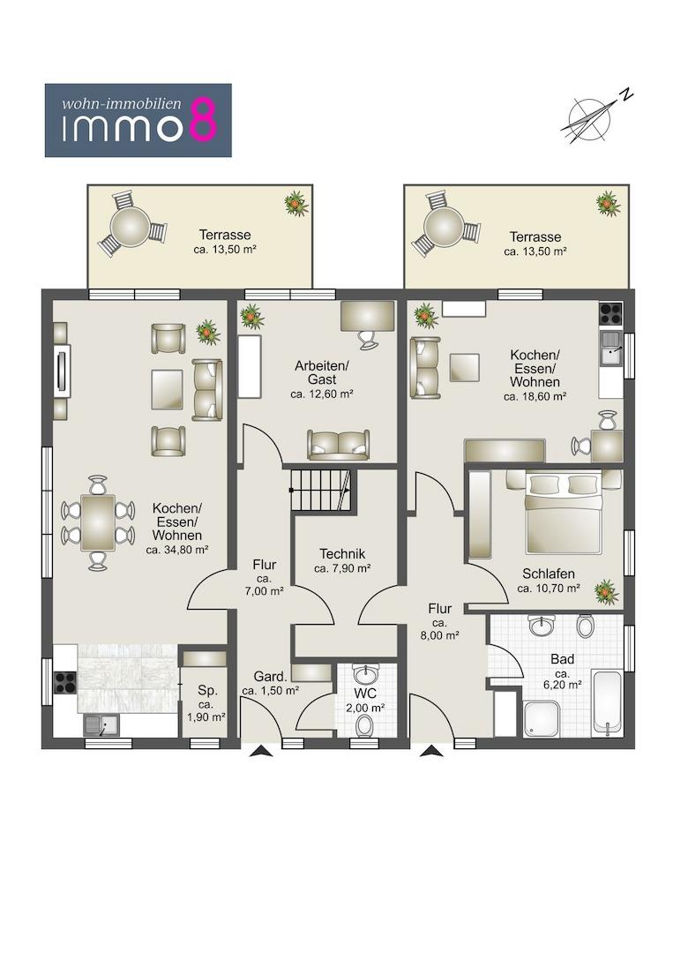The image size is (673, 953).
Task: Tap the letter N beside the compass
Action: [x=625, y=94]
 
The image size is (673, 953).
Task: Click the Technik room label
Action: [x=342, y=553]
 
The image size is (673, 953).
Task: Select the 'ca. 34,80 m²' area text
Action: [x=177, y=550]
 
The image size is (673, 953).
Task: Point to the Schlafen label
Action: [x=549, y=574]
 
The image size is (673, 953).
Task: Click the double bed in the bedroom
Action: [x=564, y=513]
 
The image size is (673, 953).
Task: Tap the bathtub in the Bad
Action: [x=607, y=702]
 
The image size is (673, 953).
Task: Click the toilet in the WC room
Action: [x=364, y=725]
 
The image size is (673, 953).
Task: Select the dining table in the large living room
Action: [x=99, y=522]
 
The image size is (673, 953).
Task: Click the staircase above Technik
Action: [x=321, y=489]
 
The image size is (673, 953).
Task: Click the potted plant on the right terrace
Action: [x=608, y=203]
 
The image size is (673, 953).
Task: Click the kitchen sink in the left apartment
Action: [x=101, y=724]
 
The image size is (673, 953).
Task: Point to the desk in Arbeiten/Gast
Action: [x=368, y=316]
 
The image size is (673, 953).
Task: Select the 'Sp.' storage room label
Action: [x=208, y=690]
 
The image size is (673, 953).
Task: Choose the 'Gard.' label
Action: [x=270, y=677]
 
